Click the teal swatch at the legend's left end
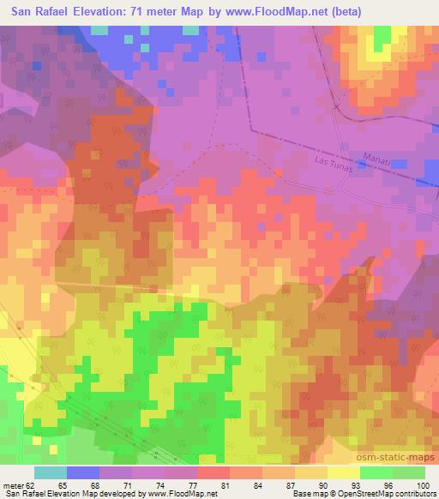[x=50, y=472]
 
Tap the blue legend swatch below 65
[x=82, y=472]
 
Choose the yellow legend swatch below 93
[x=343, y=472]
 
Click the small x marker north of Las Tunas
[x=337, y=107]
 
